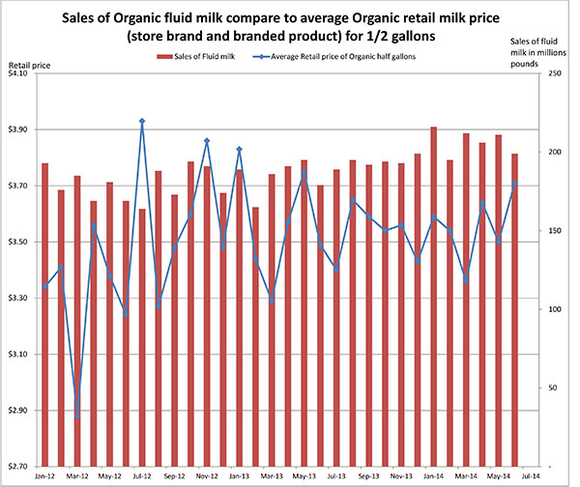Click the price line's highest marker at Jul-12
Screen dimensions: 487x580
click(x=142, y=121)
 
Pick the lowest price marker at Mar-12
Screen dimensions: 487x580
click(x=77, y=415)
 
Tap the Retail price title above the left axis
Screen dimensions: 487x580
click(x=26, y=64)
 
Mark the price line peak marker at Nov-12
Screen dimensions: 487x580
click(x=207, y=141)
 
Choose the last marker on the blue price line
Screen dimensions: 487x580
click(x=514, y=183)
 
